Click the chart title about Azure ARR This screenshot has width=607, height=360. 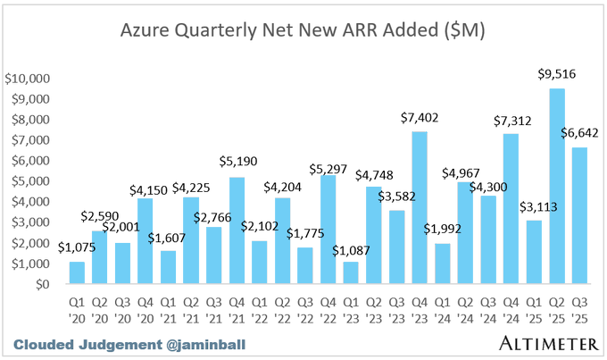point(303,31)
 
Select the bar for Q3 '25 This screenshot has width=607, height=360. point(579,215)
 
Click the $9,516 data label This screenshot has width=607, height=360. point(556,75)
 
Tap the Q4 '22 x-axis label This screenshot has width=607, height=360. point(303,306)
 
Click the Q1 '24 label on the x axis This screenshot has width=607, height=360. point(441,306)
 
